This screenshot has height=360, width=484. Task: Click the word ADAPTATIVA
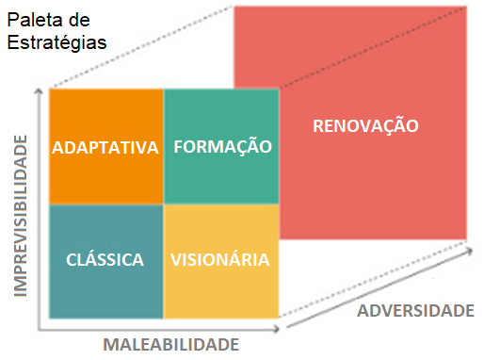pos(105,148)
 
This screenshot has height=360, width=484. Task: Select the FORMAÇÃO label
pos(222,147)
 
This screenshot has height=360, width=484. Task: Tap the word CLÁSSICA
pos(105,259)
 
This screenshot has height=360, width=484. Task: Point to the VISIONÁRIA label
pos(220,259)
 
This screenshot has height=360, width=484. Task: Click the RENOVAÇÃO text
pos(365,125)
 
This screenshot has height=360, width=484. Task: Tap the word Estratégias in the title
pos(56,41)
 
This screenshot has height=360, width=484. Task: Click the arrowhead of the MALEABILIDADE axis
pos(277,330)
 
